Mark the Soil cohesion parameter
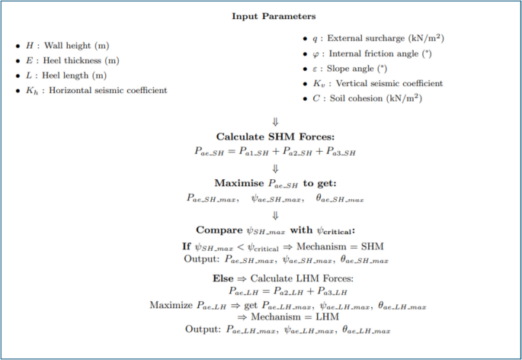(359, 99)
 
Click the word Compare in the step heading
(219, 230)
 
